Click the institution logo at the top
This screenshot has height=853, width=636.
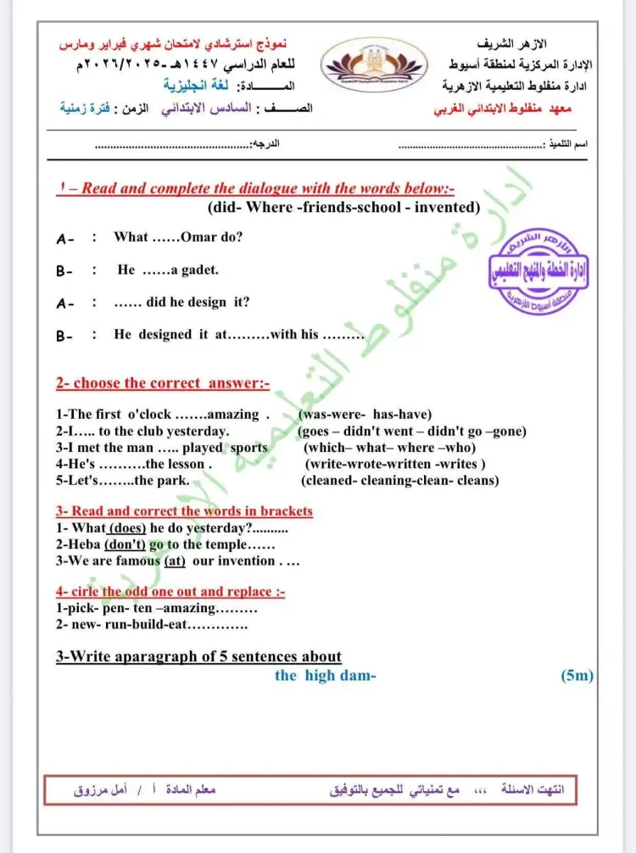tap(379, 66)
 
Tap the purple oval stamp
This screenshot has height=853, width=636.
tap(540, 273)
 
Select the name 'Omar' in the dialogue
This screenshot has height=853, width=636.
tap(199, 237)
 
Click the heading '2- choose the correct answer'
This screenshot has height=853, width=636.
tap(163, 383)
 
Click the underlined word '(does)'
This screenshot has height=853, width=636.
tap(128, 527)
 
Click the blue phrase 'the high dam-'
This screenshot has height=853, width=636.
tap(325, 676)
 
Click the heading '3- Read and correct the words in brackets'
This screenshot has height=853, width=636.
tap(184, 511)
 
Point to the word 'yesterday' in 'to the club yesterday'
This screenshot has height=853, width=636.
tap(200, 431)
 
